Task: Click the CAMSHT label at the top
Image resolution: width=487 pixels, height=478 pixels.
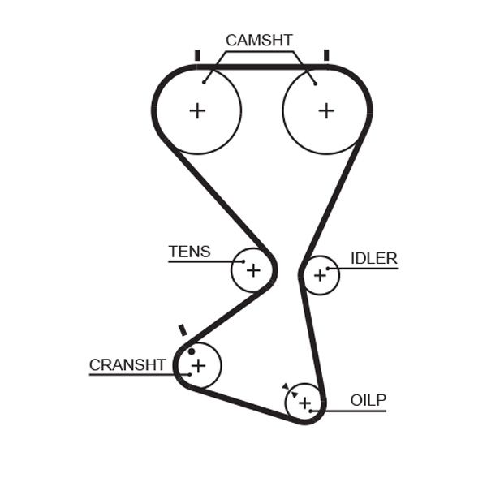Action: coord(259,40)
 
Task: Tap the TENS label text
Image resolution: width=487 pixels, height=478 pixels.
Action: coord(189,252)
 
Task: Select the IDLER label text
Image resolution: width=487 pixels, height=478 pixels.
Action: coord(373,259)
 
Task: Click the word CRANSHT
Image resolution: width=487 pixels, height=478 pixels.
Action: coord(127,365)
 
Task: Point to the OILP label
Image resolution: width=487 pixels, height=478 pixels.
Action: coord(368,400)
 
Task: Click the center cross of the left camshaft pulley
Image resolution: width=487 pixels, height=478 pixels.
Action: coord(197,110)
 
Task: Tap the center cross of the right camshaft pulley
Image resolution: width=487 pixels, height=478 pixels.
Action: coord(325,110)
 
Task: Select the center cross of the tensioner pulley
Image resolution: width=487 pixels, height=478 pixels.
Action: coord(253,269)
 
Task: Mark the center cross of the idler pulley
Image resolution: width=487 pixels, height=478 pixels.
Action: coord(320,276)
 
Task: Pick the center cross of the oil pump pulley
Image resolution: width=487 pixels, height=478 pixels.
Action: coord(304,403)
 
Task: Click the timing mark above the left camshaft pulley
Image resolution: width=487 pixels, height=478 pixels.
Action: coord(197,55)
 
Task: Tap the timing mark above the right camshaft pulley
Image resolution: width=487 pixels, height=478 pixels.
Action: coord(325,55)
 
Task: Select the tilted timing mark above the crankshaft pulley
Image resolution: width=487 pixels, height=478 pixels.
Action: coord(183,330)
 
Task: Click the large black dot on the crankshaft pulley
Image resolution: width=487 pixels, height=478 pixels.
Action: coord(192,351)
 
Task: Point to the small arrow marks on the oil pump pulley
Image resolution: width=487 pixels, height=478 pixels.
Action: coord(287,389)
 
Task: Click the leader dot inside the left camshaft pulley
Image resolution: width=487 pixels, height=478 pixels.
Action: coord(205,80)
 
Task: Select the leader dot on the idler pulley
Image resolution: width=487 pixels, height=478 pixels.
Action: coord(328,268)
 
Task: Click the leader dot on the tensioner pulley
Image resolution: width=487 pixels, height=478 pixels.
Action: coord(243,261)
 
